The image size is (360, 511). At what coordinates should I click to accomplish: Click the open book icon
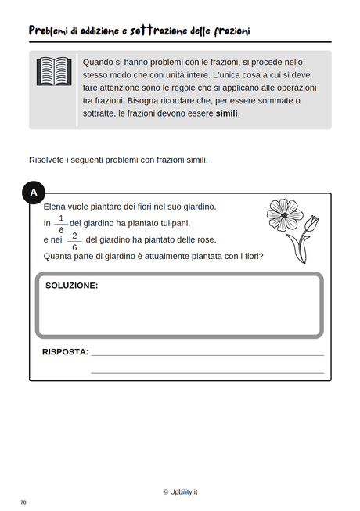coord(54,71)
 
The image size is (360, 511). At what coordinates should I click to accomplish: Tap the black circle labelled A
coord(33,192)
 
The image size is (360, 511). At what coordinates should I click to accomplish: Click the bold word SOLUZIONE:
coord(71,286)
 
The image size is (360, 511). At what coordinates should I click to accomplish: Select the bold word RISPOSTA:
coord(65,352)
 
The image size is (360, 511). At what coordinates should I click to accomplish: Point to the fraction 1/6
coord(61,224)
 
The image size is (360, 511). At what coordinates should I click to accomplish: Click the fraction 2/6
coord(74,241)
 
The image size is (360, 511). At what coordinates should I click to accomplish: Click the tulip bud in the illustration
coord(311,224)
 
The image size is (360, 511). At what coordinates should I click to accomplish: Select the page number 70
coord(23,502)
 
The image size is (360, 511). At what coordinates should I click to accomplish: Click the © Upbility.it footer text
coord(180,491)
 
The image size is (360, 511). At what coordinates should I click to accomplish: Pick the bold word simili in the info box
coord(227,113)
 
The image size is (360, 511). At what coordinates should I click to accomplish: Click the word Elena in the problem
coord(56,207)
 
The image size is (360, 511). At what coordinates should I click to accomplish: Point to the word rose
coord(206,239)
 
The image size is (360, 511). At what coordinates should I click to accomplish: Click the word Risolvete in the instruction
coord(49,160)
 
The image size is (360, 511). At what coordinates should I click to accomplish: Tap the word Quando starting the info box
coord(99,62)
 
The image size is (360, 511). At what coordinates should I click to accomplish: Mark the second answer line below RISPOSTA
coord(207,372)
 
